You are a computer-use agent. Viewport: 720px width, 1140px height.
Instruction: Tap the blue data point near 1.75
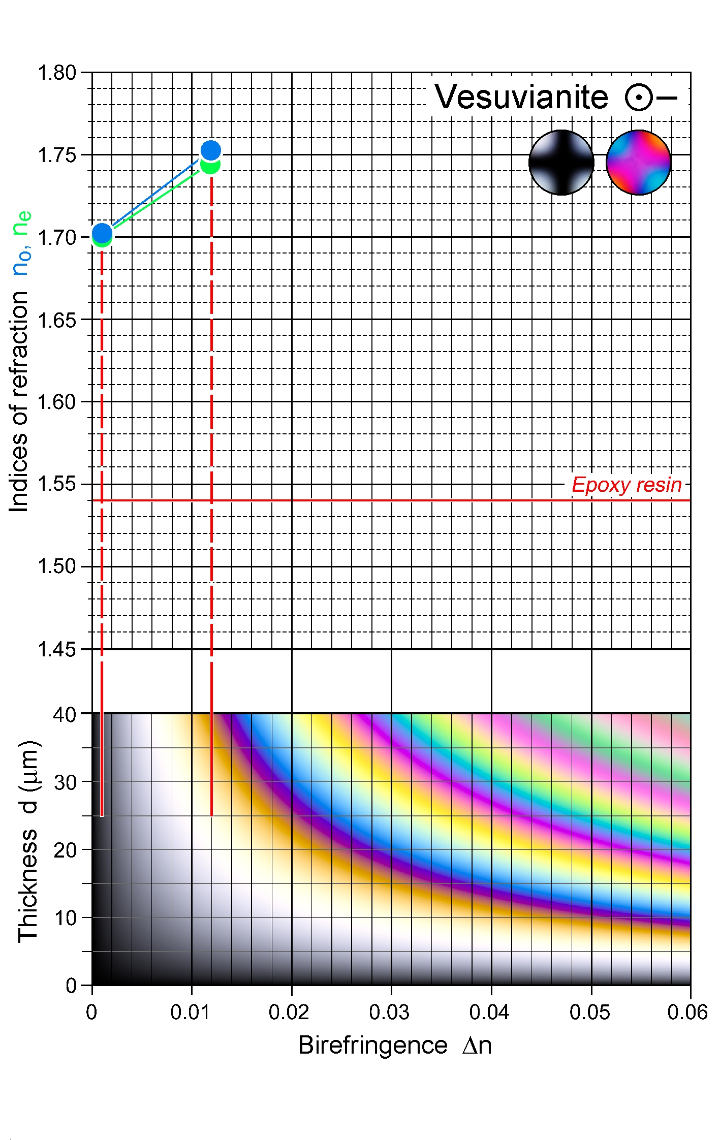coord(211,150)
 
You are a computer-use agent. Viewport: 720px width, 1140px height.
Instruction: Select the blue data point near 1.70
coord(102,233)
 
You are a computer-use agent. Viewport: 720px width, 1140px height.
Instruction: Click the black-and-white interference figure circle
coord(561,163)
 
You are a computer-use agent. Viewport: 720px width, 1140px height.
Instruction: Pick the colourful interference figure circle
coord(639,163)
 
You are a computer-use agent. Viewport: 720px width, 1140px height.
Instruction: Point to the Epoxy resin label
coord(627,485)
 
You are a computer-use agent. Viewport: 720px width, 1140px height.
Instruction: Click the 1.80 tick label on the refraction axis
coord(57,73)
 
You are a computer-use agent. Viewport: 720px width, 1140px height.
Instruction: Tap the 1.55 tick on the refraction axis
coord(57,484)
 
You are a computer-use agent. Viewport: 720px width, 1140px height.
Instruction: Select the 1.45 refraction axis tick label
coord(57,649)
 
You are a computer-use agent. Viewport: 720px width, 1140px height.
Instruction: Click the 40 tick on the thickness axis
coord(65,715)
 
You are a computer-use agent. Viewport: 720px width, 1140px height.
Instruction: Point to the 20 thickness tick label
coord(65,850)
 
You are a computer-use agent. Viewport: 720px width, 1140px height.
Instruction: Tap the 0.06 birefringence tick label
coord(687,1012)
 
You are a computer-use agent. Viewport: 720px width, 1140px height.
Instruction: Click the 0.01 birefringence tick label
coord(190,1012)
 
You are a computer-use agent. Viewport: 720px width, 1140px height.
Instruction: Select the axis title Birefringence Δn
coord(395,1046)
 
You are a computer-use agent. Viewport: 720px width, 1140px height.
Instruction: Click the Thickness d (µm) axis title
coord(28,841)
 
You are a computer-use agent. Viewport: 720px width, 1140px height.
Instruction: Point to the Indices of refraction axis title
coord(19,401)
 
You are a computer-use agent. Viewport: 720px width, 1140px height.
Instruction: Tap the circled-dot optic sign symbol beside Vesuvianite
coord(639,97)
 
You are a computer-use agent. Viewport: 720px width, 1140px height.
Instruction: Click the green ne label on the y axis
coord(22,223)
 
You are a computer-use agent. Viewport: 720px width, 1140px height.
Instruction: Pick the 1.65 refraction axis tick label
coord(57,320)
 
